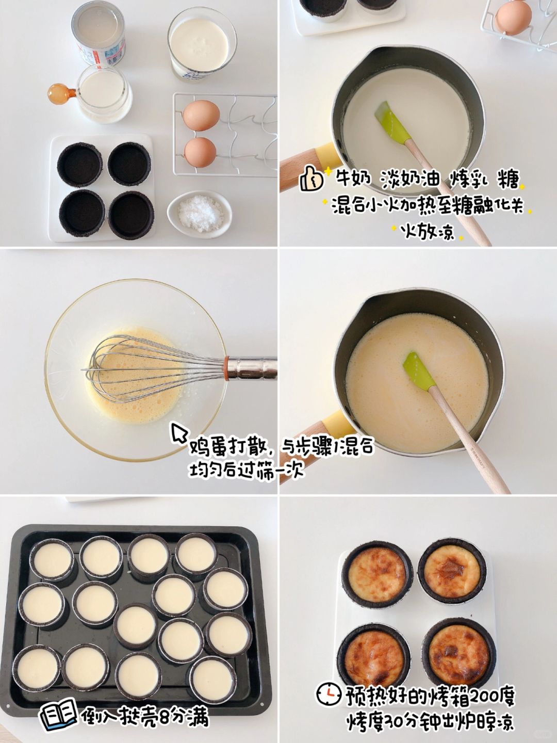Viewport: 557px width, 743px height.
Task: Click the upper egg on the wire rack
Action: click(201, 115)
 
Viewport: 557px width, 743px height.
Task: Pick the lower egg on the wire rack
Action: click(200, 152)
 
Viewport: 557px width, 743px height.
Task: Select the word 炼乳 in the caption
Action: click(468, 180)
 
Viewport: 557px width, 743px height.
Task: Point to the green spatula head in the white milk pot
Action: click(392, 121)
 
